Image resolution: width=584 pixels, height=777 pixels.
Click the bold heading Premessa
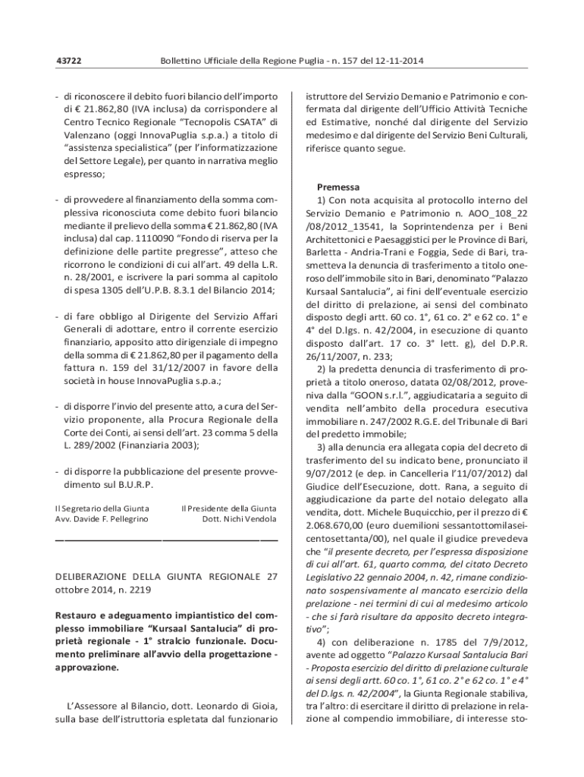pyautogui.click(x=338, y=187)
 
